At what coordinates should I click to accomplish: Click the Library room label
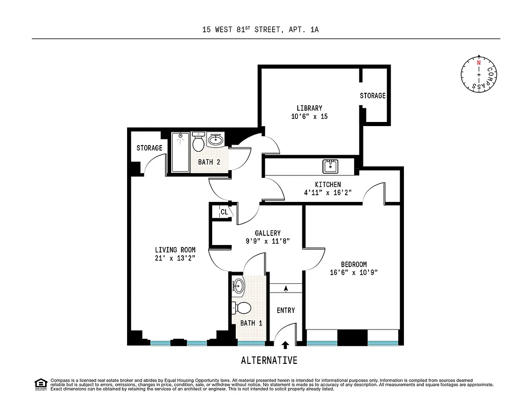point(309,108)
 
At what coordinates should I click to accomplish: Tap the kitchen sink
point(330,166)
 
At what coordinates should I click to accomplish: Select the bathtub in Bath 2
point(180,152)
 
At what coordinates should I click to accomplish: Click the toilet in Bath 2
point(198,142)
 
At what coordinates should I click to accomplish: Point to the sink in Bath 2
point(216,139)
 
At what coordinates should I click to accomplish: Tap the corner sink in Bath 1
point(239,286)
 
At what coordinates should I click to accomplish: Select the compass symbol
point(479,75)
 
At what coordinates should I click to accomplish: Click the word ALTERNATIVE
point(269,360)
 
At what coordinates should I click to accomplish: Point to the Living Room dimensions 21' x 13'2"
point(175,258)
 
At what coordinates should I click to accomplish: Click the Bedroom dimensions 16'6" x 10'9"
point(354,273)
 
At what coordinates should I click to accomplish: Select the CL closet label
point(224,212)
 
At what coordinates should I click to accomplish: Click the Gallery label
point(268,233)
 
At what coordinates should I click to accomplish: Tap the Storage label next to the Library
point(372,96)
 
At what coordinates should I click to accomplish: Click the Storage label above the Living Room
point(149,148)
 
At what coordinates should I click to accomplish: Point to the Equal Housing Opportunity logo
point(40,384)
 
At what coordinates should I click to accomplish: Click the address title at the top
point(260,30)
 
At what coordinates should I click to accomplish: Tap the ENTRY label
point(285,311)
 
